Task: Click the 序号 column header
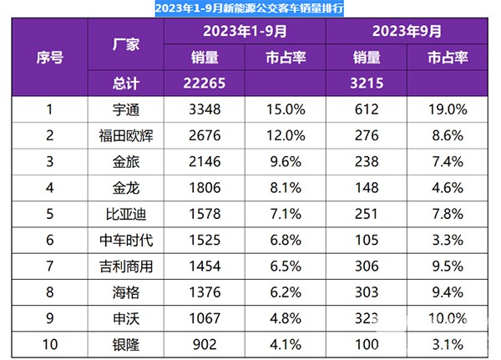pos(49,58)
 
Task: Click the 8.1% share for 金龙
pos(283,189)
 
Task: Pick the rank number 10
pos(49,345)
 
